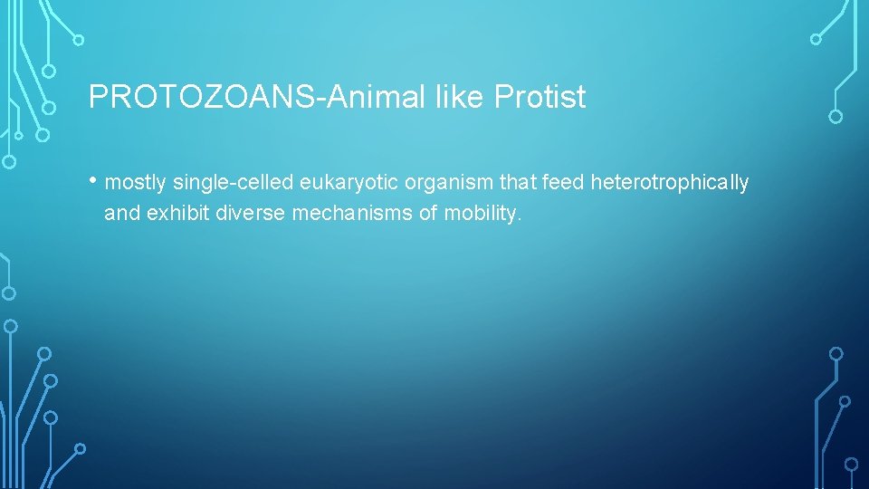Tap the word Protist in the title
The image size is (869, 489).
tap(540, 97)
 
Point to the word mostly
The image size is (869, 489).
tap(136, 183)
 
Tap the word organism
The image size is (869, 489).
tap(449, 183)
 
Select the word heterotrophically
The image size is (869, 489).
tap(670, 183)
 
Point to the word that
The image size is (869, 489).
tap(519, 183)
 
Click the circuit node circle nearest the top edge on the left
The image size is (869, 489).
tap(79, 40)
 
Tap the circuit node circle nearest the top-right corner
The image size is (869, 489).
tap(816, 39)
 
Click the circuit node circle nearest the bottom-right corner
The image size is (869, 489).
tap(851, 465)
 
